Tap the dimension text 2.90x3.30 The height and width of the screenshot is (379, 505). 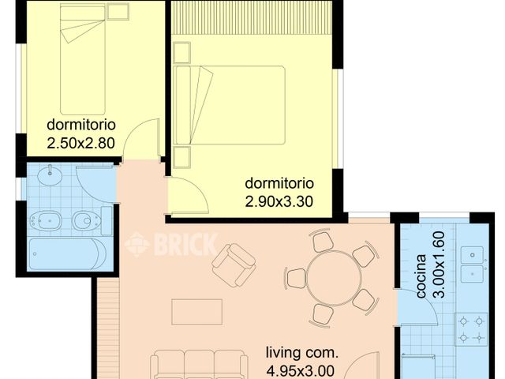pos(279,201)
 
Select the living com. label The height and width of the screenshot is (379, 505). pos(301,352)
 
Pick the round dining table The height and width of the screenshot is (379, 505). pos(334,278)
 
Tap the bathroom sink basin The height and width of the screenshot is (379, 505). pos(50,174)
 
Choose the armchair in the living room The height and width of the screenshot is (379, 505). pos(234,265)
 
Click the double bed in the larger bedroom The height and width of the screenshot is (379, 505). pos(230,105)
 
